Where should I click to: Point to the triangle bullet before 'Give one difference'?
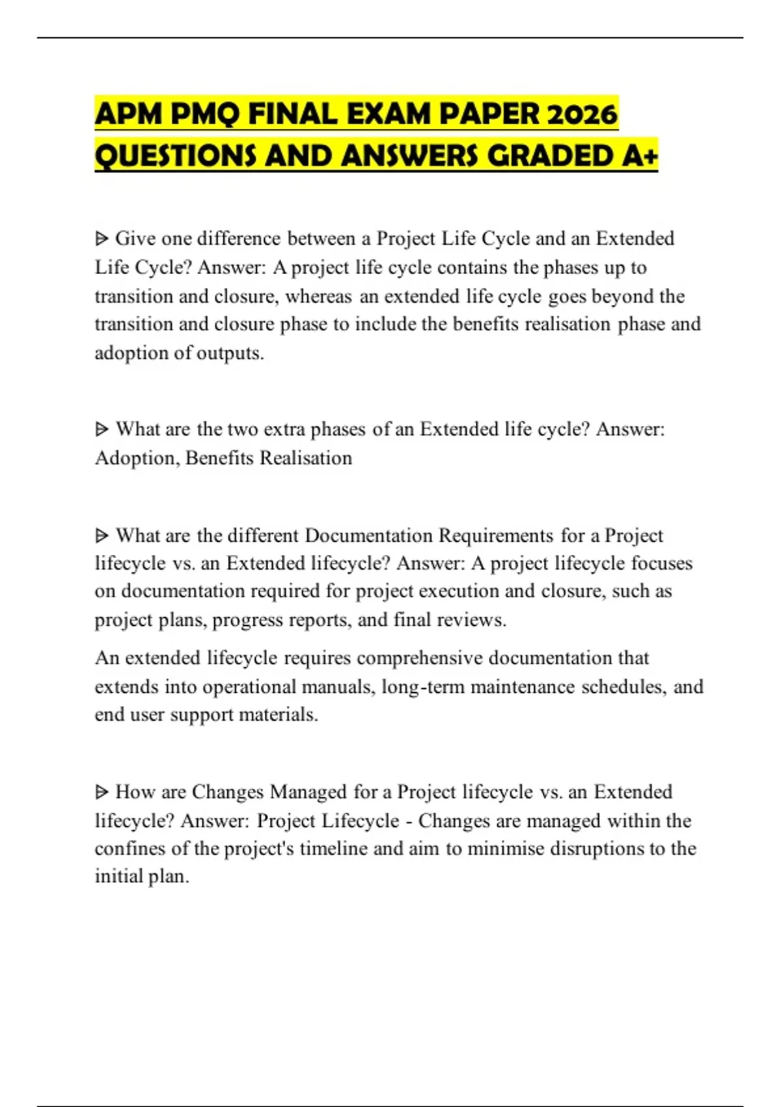[102, 239]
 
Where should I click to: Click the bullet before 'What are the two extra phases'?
[102, 430]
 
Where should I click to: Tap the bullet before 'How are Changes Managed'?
[102, 792]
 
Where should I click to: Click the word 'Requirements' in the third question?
[496, 535]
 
